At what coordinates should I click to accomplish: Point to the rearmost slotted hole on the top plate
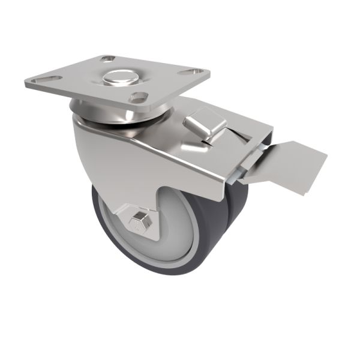108,59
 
